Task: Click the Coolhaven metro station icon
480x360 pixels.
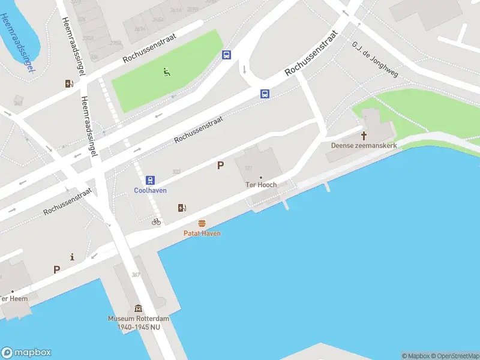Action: (x=150, y=180)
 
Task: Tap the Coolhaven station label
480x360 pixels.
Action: (x=150, y=191)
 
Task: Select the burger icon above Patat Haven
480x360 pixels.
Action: (x=202, y=223)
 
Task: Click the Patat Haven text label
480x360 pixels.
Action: (x=202, y=233)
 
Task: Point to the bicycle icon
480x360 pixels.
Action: (x=156, y=221)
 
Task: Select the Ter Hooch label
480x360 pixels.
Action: (x=262, y=185)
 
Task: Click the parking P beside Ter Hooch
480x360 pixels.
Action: (x=220, y=165)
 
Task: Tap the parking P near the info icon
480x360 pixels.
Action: (x=56, y=270)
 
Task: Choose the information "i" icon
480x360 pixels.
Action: (x=73, y=257)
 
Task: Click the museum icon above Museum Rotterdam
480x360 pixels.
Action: (x=138, y=308)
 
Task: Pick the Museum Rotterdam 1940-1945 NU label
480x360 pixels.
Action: (x=139, y=323)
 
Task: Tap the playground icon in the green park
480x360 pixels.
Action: (x=166, y=73)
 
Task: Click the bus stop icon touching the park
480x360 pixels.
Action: (x=226, y=55)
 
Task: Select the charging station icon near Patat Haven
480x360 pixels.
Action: (x=182, y=208)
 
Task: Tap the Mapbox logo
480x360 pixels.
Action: (x=26, y=353)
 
